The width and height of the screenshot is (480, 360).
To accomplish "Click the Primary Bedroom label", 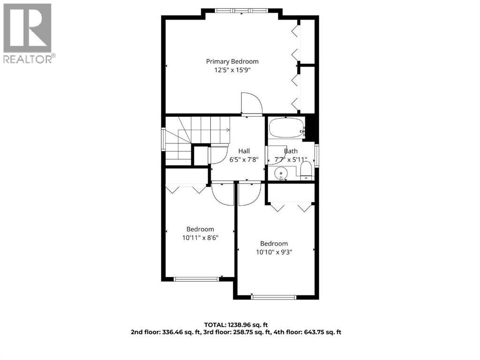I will (x=232, y=61).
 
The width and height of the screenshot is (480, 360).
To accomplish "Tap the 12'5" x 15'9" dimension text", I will (x=232, y=70).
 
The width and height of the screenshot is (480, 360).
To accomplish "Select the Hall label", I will (x=244, y=151).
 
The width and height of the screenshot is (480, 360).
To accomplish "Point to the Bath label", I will (x=290, y=151).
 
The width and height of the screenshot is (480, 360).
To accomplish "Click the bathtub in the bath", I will (x=286, y=128).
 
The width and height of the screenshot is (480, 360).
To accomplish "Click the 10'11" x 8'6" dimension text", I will (x=200, y=238).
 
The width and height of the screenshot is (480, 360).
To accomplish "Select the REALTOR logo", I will (x=28, y=33).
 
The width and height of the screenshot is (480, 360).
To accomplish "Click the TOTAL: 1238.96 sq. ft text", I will (x=236, y=325).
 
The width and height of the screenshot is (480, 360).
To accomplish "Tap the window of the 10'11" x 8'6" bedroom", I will (x=196, y=279).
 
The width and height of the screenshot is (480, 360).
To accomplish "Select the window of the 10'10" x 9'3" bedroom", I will (x=273, y=297).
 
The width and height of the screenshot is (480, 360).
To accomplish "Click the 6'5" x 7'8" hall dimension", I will (x=244, y=159).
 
